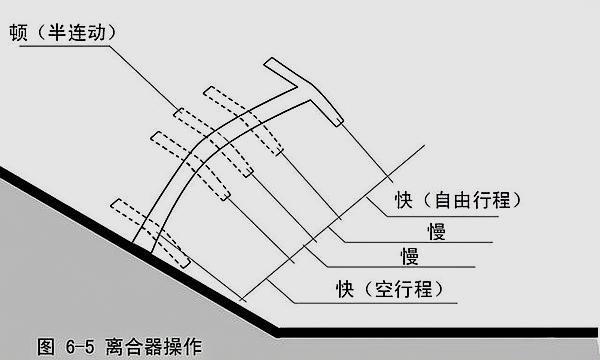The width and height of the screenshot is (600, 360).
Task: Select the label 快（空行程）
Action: [390, 289]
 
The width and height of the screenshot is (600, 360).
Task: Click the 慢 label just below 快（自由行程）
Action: [434, 230]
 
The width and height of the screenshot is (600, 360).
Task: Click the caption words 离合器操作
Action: [150, 347]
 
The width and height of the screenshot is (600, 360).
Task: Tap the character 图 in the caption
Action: [46, 347]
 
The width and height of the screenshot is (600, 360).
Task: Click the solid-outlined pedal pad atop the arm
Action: [306, 90]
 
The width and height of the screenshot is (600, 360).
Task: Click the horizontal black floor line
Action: [440, 331]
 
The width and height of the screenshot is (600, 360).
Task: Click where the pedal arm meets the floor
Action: [141, 245]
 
